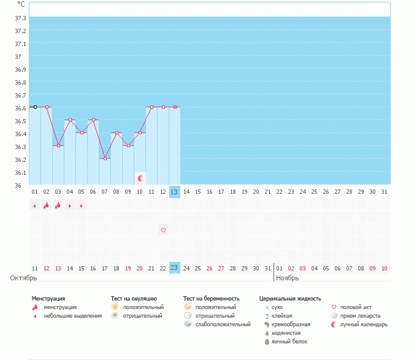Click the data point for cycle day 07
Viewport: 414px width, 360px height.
click(x=105, y=158)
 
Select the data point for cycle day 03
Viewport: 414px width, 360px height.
click(x=58, y=145)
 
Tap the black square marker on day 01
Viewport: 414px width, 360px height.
click(x=35, y=107)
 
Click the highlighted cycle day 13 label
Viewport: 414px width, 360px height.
click(x=175, y=192)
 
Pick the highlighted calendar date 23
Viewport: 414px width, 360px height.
click(x=175, y=268)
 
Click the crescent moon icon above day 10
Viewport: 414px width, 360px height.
click(x=140, y=178)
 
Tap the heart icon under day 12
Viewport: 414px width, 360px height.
click(x=163, y=230)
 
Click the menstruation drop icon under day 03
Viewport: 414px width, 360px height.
click(x=58, y=205)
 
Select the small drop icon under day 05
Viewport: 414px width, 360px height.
click(x=82, y=206)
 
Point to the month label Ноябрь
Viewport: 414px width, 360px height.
click(x=287, y=278)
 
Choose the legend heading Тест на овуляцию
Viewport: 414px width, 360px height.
click(x=134, y=298)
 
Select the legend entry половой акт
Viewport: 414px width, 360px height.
click(x=355, y=307)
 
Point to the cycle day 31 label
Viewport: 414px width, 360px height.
click(x=384, y=192)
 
